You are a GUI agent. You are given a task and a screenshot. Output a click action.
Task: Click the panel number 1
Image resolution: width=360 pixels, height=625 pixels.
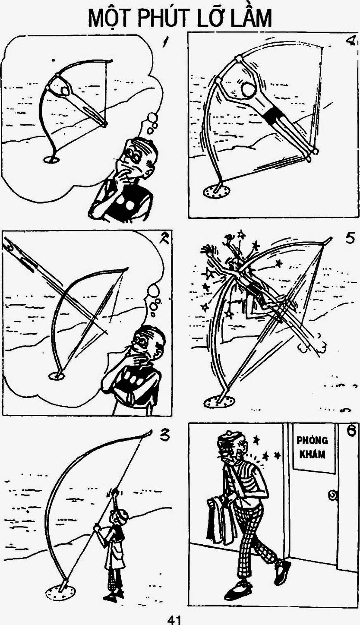pos(167,42)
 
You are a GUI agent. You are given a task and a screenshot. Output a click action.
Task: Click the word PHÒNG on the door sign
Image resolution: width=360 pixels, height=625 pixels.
pos(312,441)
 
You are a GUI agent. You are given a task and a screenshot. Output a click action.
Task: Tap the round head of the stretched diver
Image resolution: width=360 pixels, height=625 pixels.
pos(249,90)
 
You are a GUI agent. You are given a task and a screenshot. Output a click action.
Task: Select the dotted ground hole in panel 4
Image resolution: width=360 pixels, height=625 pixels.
pos(217,192)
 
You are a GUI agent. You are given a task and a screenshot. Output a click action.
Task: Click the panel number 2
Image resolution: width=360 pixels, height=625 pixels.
pos(161,239)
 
